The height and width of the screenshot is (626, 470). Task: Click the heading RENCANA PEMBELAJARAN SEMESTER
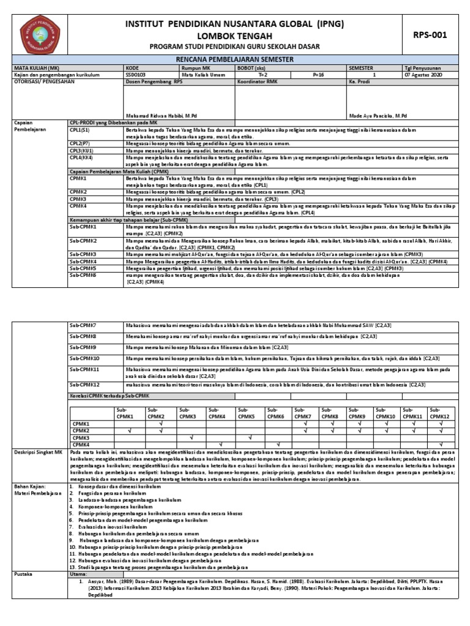[235, 59]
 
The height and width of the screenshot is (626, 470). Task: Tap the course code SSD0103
[136, 74]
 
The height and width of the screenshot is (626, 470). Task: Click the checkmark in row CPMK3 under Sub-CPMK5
[250, 438]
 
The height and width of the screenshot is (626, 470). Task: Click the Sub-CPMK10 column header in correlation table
[386, 413]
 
